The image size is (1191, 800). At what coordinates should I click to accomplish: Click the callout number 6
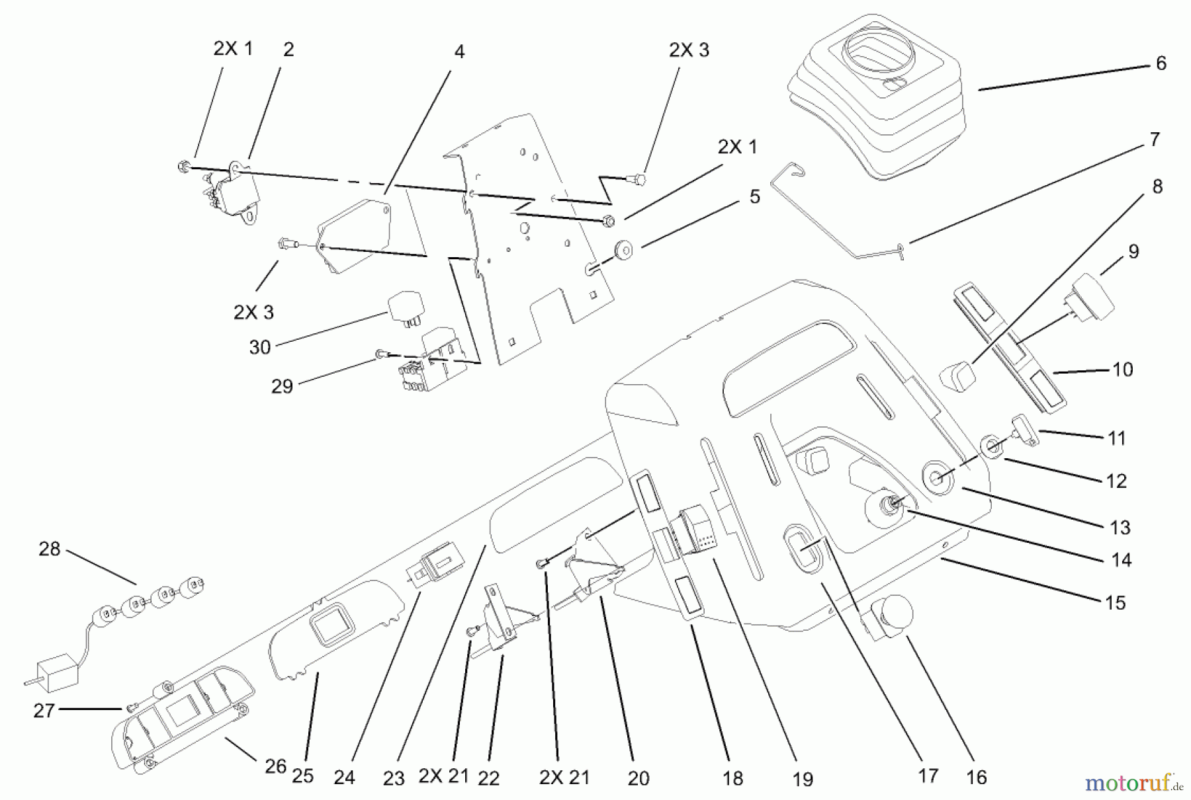pyautogui.click(x=1161, y=63)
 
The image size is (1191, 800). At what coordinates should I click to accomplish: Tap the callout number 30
pyautogui.click(x=260, y=347)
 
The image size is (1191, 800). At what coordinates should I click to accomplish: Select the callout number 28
pyautogui.click(x=50, y=549)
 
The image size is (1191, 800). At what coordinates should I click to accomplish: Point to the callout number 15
pyautogui.click(x=1115, y=603)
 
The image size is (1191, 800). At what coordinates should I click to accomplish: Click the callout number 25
pyautogui.click(x=302, y=776)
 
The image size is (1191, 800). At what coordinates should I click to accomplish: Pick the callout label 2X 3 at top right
pyautogui.click(x=689, y=50)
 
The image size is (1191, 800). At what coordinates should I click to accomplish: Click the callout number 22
pyautogui.click(x=488, y=778)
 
